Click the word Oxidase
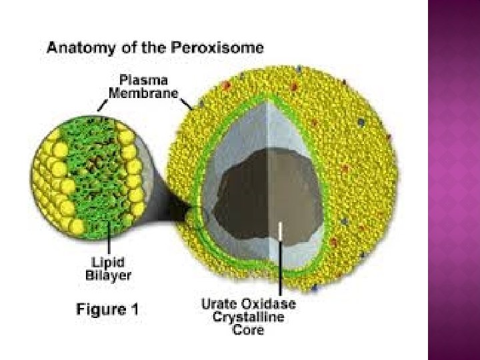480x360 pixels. click(x=270, y=304)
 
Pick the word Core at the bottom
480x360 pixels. click(x=249, y=329)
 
